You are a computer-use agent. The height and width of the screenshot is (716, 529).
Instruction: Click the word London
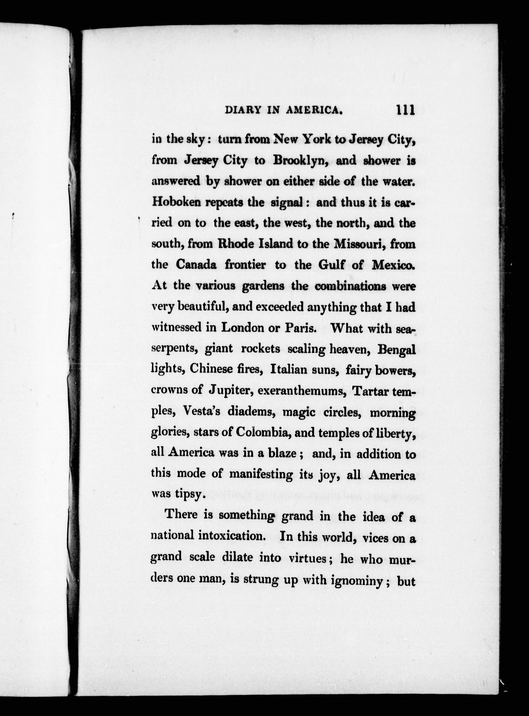tap(240, 328)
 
